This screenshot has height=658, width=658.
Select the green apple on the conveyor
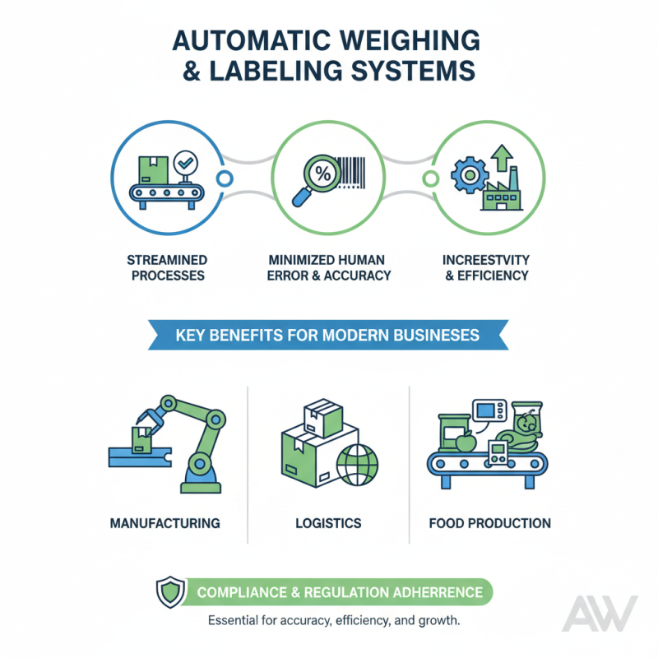[x=466, y=443]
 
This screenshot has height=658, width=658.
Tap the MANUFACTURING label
[x=164, y=523]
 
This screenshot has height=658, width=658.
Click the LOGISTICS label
[x=327, y=523]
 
